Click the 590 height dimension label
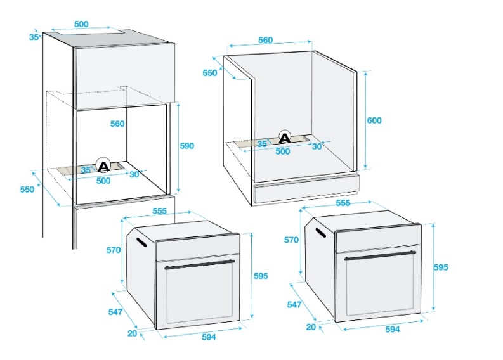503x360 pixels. (186, 146)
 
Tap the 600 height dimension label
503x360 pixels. (374, 120)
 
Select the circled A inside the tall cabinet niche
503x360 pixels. (103, 165)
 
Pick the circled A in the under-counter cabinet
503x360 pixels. (285, 138)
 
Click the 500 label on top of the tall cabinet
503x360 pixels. (81, 24)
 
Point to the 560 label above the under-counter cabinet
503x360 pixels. (265, 40)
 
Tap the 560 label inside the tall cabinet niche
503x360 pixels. (117, 124)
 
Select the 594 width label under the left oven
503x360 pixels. (209, 337)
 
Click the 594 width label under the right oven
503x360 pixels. (393, 329)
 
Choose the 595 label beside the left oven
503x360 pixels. (261, 276)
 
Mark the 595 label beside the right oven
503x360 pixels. (441, 267)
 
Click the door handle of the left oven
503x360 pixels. (200, 264)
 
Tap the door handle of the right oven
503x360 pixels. (380, 255)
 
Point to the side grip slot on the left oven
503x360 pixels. (141, 242)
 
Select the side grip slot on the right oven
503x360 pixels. (320, 233)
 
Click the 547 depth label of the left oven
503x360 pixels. (115, 312)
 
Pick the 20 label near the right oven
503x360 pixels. (311, 326)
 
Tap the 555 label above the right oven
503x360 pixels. (343, 203)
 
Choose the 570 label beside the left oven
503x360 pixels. (114, 250)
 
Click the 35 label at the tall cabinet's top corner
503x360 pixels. (34, 37)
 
